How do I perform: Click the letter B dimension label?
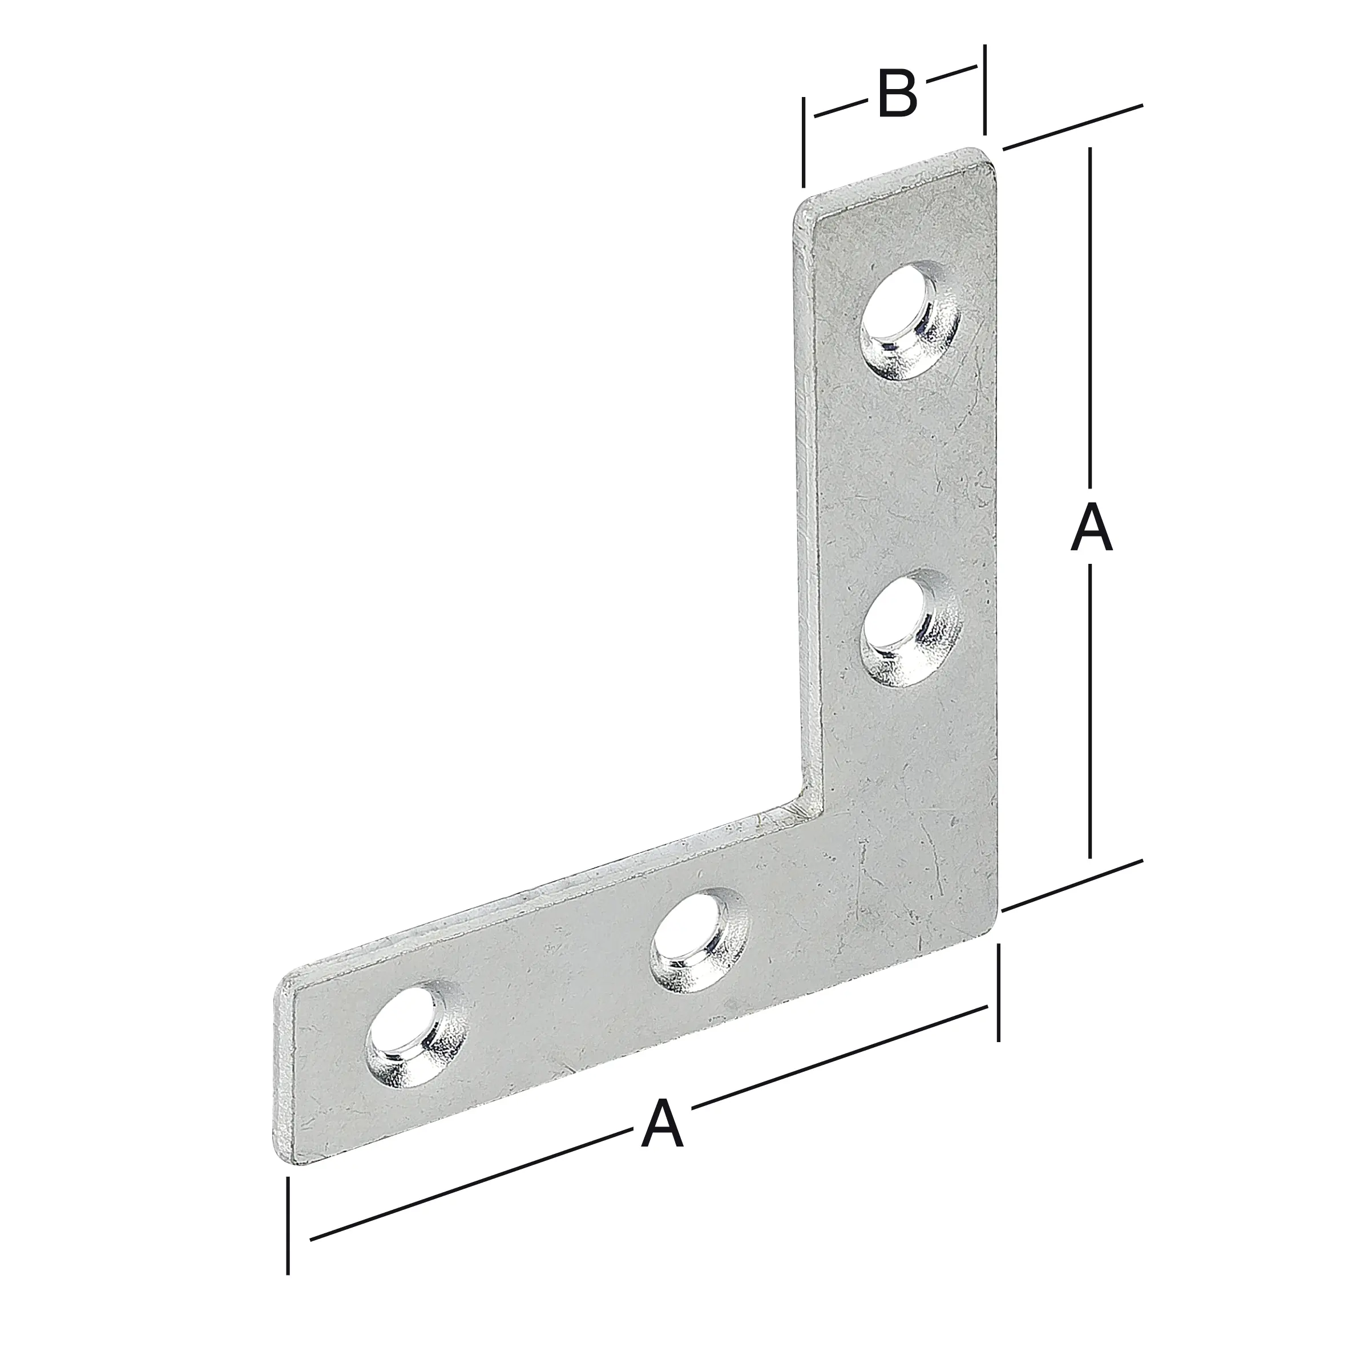click(897, 94)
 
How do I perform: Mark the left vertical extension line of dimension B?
click(805, 143)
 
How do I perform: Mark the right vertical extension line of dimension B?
click(984, 89)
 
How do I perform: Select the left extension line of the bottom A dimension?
click(288, 1235)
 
